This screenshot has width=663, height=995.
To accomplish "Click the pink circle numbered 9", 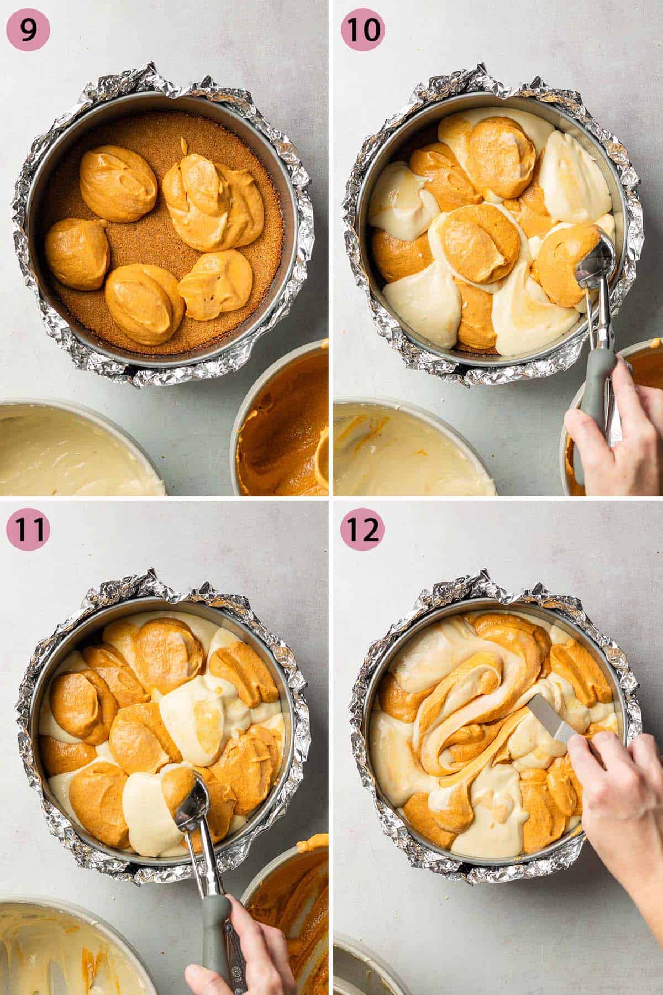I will click(28, 29).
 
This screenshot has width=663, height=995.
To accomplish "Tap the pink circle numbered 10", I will click(362, 29).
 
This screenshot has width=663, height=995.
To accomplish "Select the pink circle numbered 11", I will click(28, 529).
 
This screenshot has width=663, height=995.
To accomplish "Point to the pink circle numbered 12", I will click(362, 529).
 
